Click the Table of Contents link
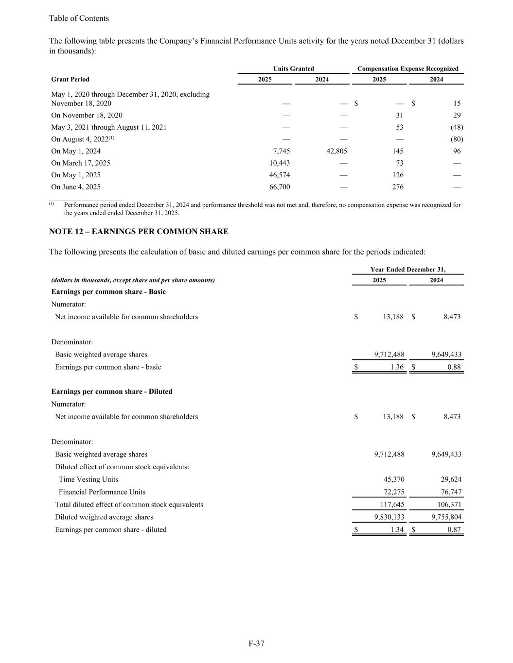[x=79, y=18]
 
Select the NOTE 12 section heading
[x=139, y=232]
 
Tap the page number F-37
[x=256, y=644]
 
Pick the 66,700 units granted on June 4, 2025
[x=280, y=187]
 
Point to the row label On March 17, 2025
[x=81, y=163]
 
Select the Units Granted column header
[x=293, y=69]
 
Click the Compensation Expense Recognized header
[x=407, y=69]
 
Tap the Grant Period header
[x=70, y=79]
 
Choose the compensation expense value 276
[x=397, y=187]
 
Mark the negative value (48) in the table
[x=457, y=127]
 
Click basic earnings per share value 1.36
[x=397, y=367]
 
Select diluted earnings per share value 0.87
[x=454, y=530]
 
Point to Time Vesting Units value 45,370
[x=394, y=479]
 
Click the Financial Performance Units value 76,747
[x=451, y=492]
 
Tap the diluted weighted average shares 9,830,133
[x=389, y=517]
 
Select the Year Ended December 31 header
[x=407, y=270]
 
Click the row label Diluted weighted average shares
[x=104, y=517]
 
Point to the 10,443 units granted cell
[x=280, y=163]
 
